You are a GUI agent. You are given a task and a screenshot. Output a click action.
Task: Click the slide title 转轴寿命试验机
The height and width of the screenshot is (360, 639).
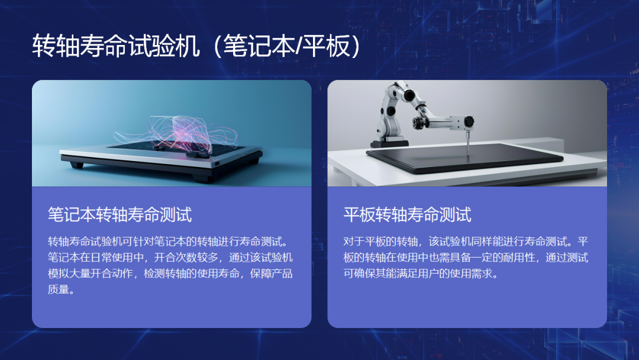tap(116, 46)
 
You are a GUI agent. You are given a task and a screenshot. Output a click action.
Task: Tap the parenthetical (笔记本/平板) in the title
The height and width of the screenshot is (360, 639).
tap(287, 46)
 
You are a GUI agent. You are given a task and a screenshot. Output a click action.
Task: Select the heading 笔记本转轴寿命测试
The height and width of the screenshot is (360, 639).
tap(120, 214)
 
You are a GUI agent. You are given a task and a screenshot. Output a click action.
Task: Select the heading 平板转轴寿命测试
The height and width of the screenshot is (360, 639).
tap(407, 214)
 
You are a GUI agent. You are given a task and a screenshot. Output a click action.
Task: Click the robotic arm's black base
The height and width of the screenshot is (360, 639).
tap(389, 143)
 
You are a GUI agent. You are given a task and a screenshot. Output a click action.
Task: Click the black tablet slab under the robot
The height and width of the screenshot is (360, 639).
tap(464, 157)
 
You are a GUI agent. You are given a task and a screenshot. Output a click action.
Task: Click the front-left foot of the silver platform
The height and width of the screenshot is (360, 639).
tap(76, 165)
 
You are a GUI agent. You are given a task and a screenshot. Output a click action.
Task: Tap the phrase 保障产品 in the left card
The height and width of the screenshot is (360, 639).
tap(271, 274)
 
